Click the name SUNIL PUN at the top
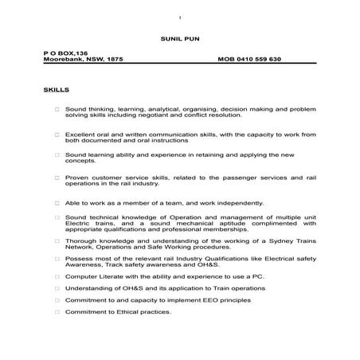click(x=179, y=37)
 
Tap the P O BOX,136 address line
click(x=61, y=52)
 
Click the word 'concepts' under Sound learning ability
click(x=80, y=159)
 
